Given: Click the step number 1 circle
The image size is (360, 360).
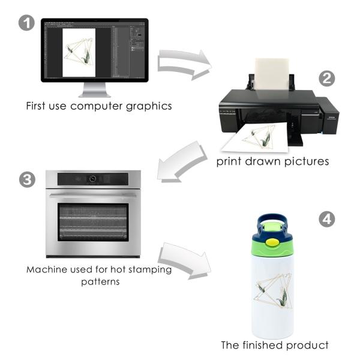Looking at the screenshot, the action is pos(26,23).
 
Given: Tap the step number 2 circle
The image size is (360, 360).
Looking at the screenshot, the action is pos(327,79).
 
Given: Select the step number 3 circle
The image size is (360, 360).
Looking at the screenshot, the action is pos(27,180).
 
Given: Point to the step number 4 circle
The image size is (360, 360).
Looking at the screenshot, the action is pos(327,219).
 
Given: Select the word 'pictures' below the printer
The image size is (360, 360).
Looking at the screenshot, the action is pos(307,161).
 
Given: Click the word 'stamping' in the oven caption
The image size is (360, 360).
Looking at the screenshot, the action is pos(150,270).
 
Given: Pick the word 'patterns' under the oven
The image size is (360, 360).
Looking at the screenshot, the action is pos(100,282).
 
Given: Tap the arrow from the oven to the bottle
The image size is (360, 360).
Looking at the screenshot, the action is pos(184,260).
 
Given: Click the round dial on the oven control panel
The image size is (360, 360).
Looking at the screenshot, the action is pos(92,179).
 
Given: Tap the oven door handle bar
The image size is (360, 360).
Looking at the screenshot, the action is pos(93,196).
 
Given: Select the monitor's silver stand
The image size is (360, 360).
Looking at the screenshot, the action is pos(95,90).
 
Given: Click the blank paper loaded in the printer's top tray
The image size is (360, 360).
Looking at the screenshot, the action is pos(272,74).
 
